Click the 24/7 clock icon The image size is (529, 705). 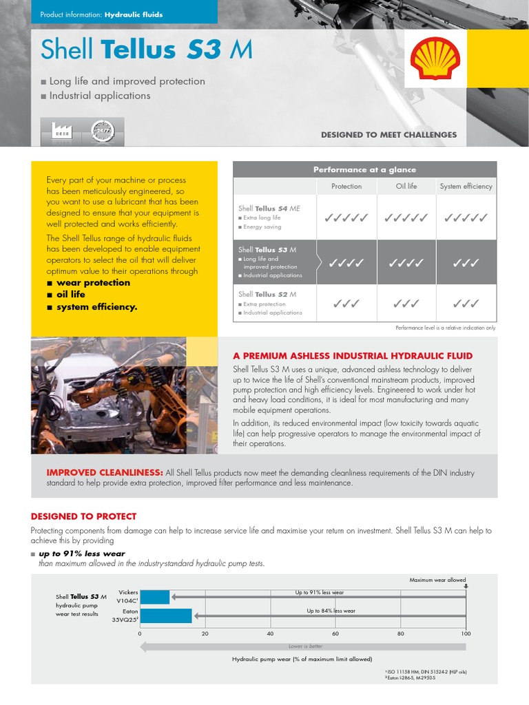pyautogui.click(x=103, y=131)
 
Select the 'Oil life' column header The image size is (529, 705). pyautogui.click(x=406, y=186)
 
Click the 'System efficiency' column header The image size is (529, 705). pyautogui.click(x=466, y=186)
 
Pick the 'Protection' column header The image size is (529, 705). pyautogui.click(x=346, y=186)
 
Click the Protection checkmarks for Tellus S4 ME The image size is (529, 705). pyautogui.click(x=346, y=218)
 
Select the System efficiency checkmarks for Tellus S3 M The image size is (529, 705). pyautogui.click(x=466, y=263)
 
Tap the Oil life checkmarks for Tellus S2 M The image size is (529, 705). pyautogui.click(x=406, y=303)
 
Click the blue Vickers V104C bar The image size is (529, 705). pyautogui.click(x=154, y=597)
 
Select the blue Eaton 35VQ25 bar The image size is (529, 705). pyautogui.click(x=165, y=615)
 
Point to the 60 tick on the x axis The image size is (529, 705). pyautogui.click(x=335, y=633)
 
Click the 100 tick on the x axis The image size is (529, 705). pyautogui.click(x=466, y=633)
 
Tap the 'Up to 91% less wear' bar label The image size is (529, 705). pyautogui.click(x=320, y=592)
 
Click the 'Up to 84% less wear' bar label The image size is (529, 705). pyautogui.click(x=331, y=611)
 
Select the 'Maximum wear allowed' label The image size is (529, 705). pyautogui.click(x=438, y=580)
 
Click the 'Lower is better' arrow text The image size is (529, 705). pyautogui.click(x=305, y=646)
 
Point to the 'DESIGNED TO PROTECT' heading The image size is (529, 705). pyautogui.click(x=83, y=516)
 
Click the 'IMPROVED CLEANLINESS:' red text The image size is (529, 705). pyautogui.click(x=104, y=473)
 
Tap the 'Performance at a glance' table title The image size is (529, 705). pyautogui.click(x=364, y=169)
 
